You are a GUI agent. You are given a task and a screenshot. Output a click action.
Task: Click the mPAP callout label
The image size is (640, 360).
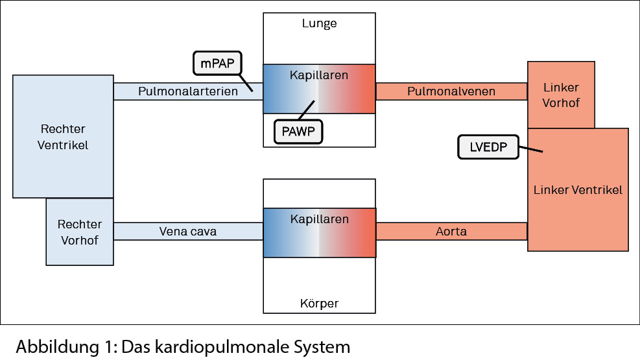pyautogui.click(x=217, y=64)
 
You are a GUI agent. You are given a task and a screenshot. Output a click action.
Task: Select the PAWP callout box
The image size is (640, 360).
pyautogui.click(x=298, y=131)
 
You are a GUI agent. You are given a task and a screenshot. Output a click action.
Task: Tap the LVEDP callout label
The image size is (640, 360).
pyautogui.click(x=488, y=147)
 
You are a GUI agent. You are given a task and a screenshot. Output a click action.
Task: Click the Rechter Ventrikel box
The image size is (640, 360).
pyautogui.click(x=63, y=136)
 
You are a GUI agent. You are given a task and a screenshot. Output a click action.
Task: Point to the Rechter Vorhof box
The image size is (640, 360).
pyautogui.click(x=80, y=232)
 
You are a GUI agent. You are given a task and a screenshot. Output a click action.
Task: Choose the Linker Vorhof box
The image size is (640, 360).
pyautogui.click(x=561, y=95)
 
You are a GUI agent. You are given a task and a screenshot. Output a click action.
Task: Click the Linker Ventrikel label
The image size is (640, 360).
pyautogui.click(x=578, y=190)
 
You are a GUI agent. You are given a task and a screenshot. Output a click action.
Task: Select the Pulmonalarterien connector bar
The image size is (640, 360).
pyautogui.click(x=188, y=91)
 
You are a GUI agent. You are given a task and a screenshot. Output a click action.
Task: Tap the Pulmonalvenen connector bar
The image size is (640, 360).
pyautogui.click(x=451, y=91)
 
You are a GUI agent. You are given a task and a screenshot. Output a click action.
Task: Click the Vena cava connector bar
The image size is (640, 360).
pyautogui.click(x=188, y=232)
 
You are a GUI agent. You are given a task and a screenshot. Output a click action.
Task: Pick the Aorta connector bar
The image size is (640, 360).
pyautogui.click(x=451, y=232)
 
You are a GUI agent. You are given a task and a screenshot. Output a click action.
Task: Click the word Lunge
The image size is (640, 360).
pyautogui.click(x=319, y=24)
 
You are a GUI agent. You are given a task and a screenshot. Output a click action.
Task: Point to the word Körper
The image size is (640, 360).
pyautogui.click(x=319, y=303)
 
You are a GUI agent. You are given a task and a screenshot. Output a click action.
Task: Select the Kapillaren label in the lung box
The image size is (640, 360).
pyautogui.click(x=319, y=75)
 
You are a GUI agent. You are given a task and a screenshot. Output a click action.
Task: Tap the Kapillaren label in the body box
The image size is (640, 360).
pyautogui.click(x=319, y=219)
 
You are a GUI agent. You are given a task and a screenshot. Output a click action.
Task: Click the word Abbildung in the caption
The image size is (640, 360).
pyautogui.click(x=54, y=346)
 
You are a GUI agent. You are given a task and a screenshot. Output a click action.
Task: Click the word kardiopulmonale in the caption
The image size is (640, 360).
pyautogui.click(x=213, y=346)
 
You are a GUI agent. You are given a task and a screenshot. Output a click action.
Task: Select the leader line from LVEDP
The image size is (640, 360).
pyautogui.click(x=530, y=150)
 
